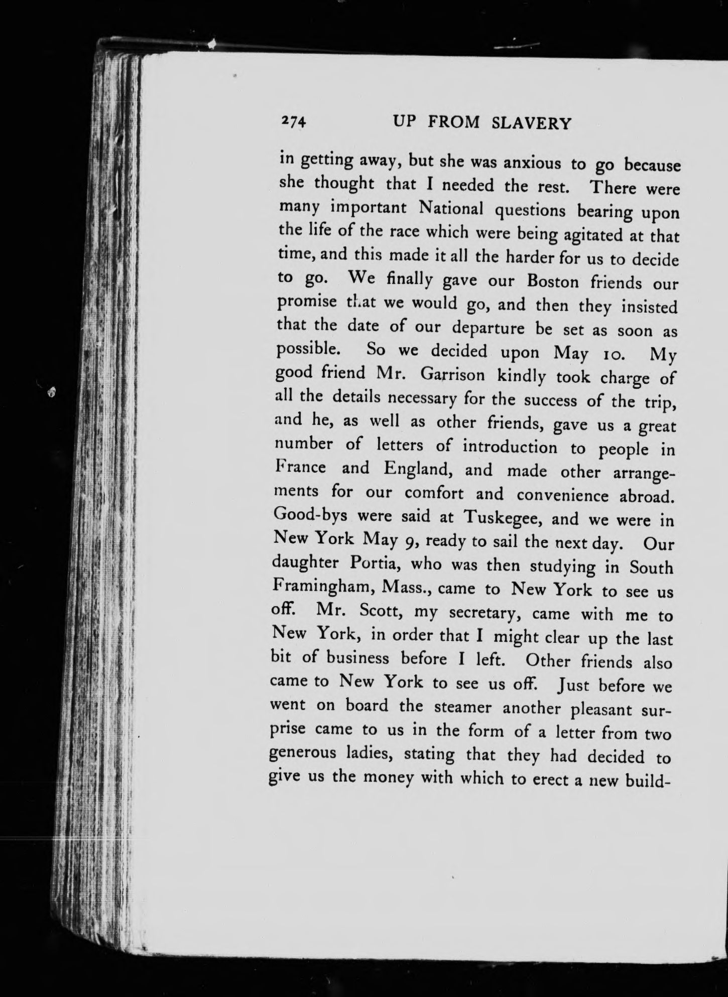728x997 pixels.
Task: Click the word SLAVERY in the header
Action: point(532,123)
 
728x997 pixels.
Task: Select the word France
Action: point(301,468)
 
